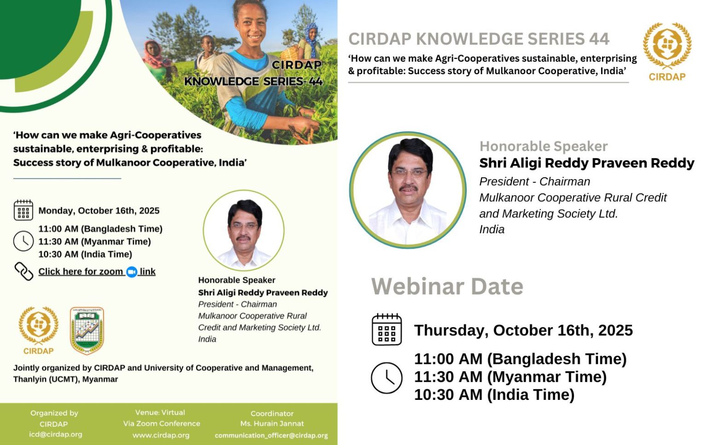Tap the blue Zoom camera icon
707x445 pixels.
pos(132,272)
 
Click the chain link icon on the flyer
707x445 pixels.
pos(23,271)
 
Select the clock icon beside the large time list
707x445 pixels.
pos(386,378)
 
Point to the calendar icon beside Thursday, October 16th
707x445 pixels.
pos(386,329)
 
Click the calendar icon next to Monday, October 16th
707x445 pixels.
pos(23,211)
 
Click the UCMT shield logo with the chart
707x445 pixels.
pos(87,330)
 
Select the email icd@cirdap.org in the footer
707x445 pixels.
pos(55,434)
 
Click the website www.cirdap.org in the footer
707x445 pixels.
pos(161,435)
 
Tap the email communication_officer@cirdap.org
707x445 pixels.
pos(271,435)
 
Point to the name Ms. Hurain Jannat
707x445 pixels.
pos(272,424)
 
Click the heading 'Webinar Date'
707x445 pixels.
pos(447,287)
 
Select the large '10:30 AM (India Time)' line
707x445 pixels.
pos(494,395)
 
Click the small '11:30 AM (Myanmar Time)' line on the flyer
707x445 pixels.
pos(94,241)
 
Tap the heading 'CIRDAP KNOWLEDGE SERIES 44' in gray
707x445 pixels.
pos(479,39)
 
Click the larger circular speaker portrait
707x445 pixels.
pos(407,190)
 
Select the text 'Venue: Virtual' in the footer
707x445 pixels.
pos(160,413)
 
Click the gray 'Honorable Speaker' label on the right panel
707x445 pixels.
pos(543,146)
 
